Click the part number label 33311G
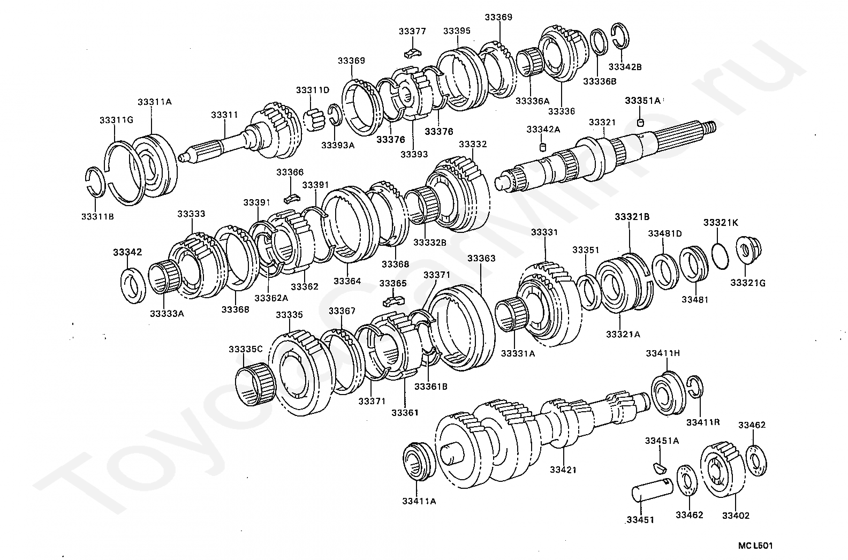pyautogui.click(x=117, y=120)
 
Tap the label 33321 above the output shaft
pyautogui.click(x=602, y=122)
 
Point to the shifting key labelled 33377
pyautogui.click(x=412, y=52)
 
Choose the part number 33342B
pyautogui.click(x=625, y=67)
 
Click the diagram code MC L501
pyautogui.click(x=755, y=546)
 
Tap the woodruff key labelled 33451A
pyautogui.click(x=660, y=467)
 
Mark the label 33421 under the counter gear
pyautogui.click(x=563, y=470)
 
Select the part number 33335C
pyautogui.click(x=245, y=349)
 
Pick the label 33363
pyautogui.click(x=481, y=258)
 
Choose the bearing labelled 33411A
pyautogui.click(x=419, y=461)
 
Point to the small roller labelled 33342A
pyautogui.click(x=542, y=147)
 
